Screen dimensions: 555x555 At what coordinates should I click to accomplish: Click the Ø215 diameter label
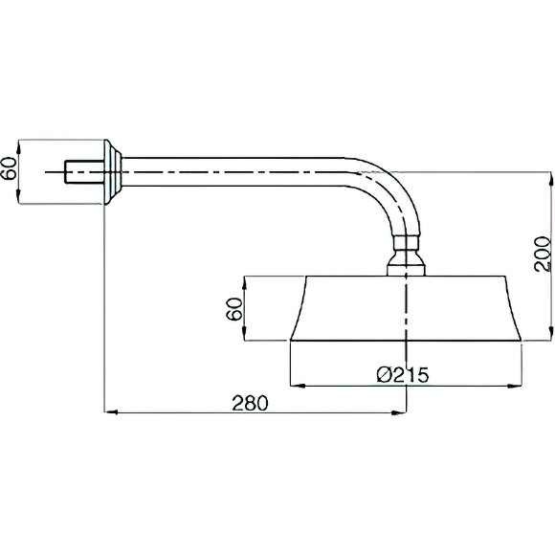coord(403,374)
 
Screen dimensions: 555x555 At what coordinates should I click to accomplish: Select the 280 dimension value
coord(251,403)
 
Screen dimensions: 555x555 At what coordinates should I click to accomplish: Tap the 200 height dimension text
coord(543,254)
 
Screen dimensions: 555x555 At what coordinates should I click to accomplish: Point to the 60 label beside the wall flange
coord(9,168)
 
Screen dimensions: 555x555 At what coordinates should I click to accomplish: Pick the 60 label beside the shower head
coord(234,309)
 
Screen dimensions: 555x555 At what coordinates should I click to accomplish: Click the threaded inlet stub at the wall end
coord(84,172)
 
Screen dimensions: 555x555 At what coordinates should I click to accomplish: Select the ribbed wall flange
coord(113,172)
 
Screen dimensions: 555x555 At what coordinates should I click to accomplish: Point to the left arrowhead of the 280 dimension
coord(110,412)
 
